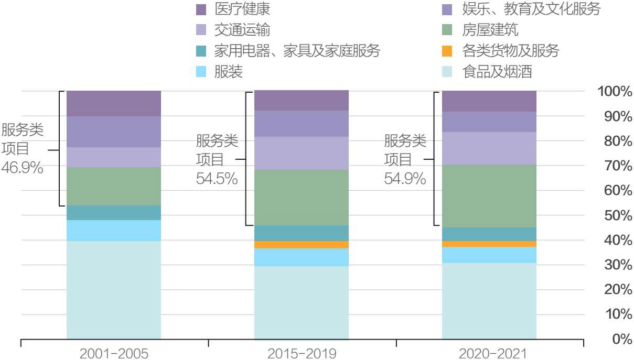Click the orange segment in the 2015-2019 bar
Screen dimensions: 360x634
[301, 245]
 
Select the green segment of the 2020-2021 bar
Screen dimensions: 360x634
[489, 196]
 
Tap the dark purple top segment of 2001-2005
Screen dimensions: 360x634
[113, 103]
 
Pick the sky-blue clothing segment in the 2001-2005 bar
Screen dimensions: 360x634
[113, 231]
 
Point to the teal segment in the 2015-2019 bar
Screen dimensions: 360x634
[301, 233]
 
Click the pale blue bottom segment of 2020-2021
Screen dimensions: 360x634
[489, 301]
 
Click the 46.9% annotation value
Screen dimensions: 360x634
[23, 168]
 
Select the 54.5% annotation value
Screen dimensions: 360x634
[217, 178]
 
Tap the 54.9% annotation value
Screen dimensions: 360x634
[405, 178]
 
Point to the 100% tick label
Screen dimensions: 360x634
[614, 92]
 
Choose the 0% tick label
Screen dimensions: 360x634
[622, 339]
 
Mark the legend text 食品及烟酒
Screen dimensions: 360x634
[497, 72]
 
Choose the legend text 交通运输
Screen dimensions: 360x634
[242, 30]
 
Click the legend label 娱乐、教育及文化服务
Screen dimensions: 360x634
[531, 9]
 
